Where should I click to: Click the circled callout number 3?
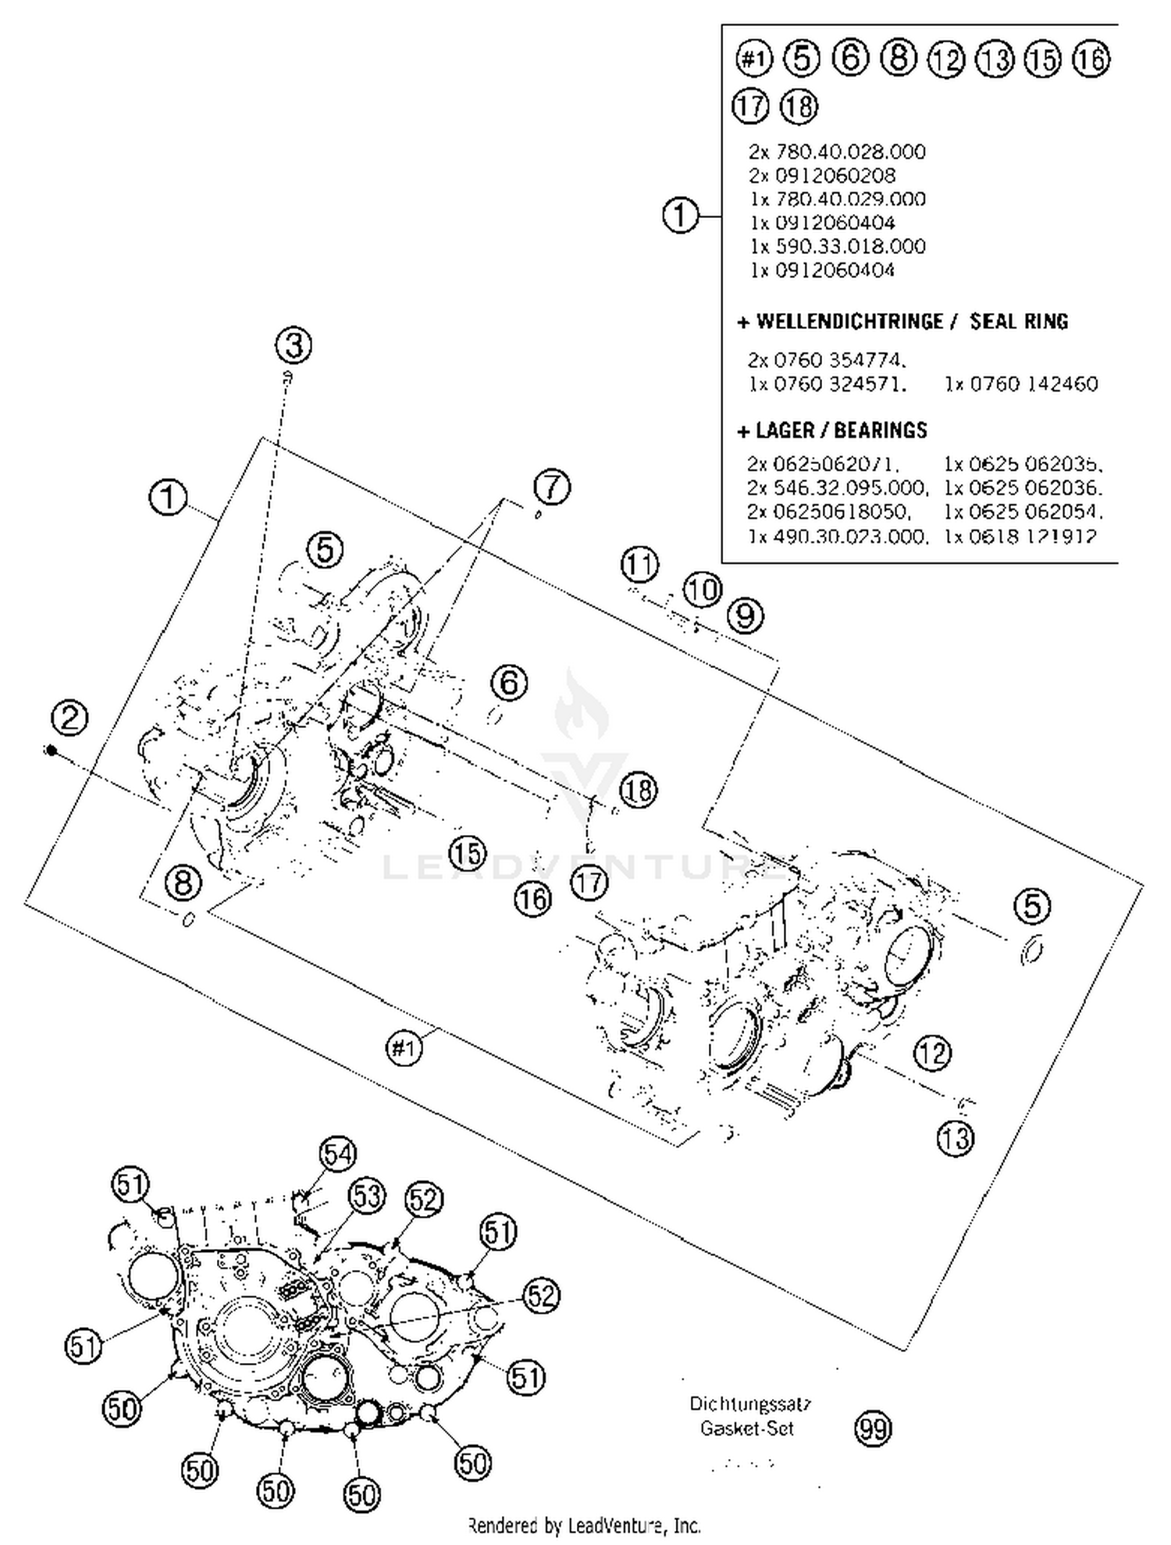click(x=294, y=345)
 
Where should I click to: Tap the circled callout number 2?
click(x=70, y=718)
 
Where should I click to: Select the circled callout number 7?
click(x=552, y=487)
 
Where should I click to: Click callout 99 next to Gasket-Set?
click(x=873, y=1429)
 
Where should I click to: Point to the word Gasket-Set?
click(x=746, y=1429)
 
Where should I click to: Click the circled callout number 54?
click(x=337, y=1154)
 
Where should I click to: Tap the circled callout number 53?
click(x=366, y=1196)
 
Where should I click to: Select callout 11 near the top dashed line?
click(x=640, y=564)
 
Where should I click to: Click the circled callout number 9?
click(x=746, y=616)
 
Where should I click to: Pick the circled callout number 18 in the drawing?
click(x=639, y=790)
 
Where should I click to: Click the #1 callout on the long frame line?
click(x=404, y=1047)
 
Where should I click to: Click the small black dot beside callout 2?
click(x=51, y=751)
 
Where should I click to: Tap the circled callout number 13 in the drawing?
click(x=956, y=1138)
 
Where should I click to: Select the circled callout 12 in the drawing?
click(x=932, y=1054)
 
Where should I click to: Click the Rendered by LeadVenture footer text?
click(x=584, y=1525)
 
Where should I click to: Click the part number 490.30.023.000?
click(x=849, y=537)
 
